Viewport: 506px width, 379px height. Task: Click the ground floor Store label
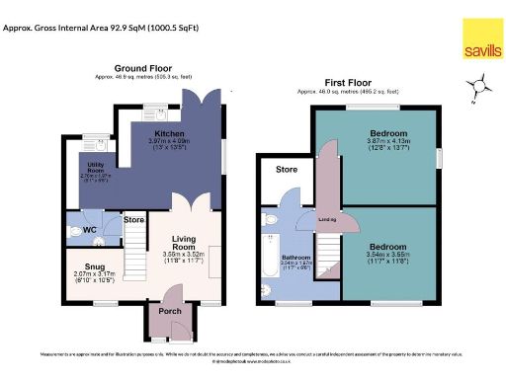point(134,218)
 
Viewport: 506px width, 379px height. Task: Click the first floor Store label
point(287,169)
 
